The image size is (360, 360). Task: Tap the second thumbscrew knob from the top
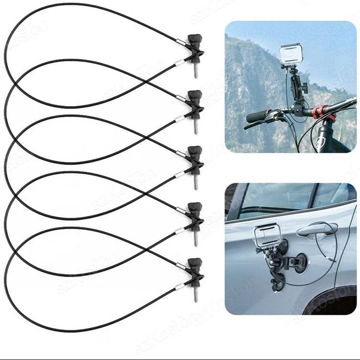[x=194, y=96]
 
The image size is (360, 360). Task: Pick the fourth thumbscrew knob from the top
[x=194, y=208]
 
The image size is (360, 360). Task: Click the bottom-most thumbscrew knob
[x=194, y=264]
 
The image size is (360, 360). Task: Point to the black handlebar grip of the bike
[x=259, y=117]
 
